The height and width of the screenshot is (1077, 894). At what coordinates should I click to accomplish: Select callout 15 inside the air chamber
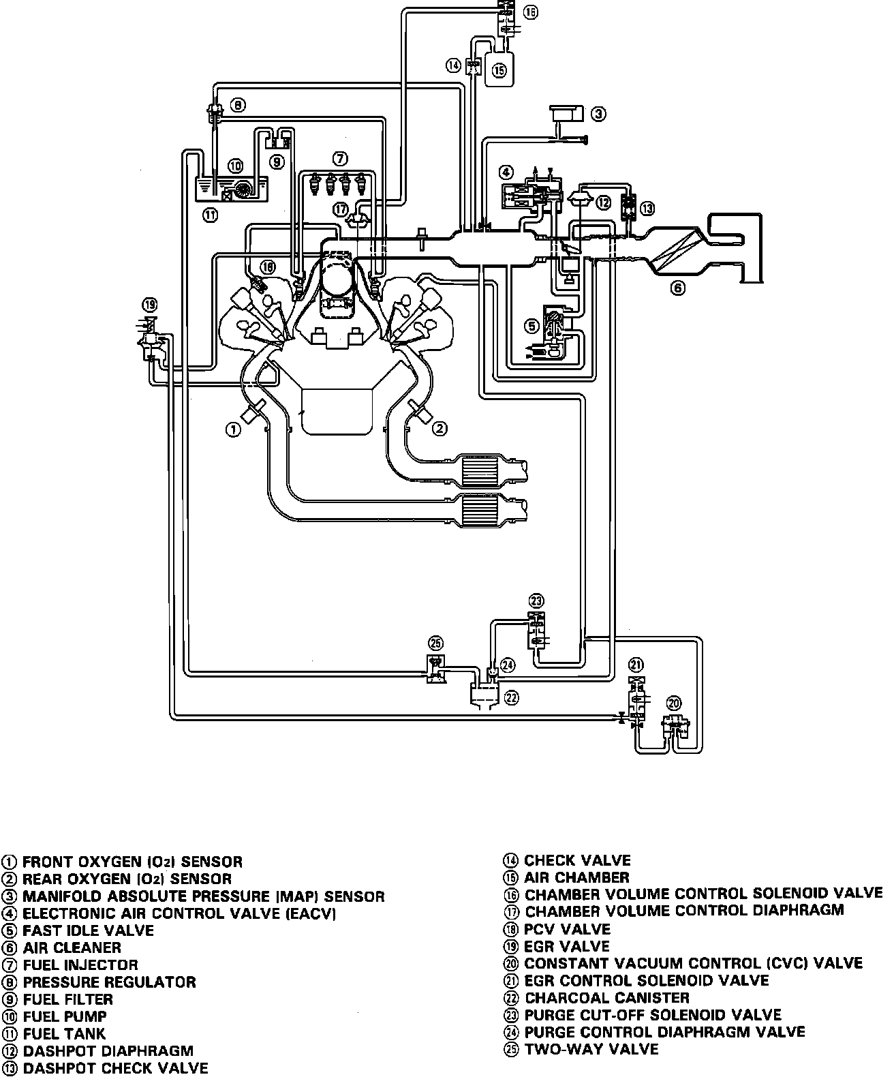499,70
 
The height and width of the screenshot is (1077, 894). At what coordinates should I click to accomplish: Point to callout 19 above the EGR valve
150,304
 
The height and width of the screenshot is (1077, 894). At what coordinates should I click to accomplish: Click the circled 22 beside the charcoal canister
511,697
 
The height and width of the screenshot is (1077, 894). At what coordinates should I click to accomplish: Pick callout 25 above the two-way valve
435,643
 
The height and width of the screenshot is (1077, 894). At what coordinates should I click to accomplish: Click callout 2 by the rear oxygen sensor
440,428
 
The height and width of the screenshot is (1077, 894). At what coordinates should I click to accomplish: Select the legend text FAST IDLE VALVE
88,930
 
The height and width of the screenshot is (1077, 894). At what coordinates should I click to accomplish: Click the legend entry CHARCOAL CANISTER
607,998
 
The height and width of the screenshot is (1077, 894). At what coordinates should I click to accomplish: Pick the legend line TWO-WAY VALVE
591,1049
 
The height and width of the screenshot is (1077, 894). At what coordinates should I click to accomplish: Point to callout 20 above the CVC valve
674,703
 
